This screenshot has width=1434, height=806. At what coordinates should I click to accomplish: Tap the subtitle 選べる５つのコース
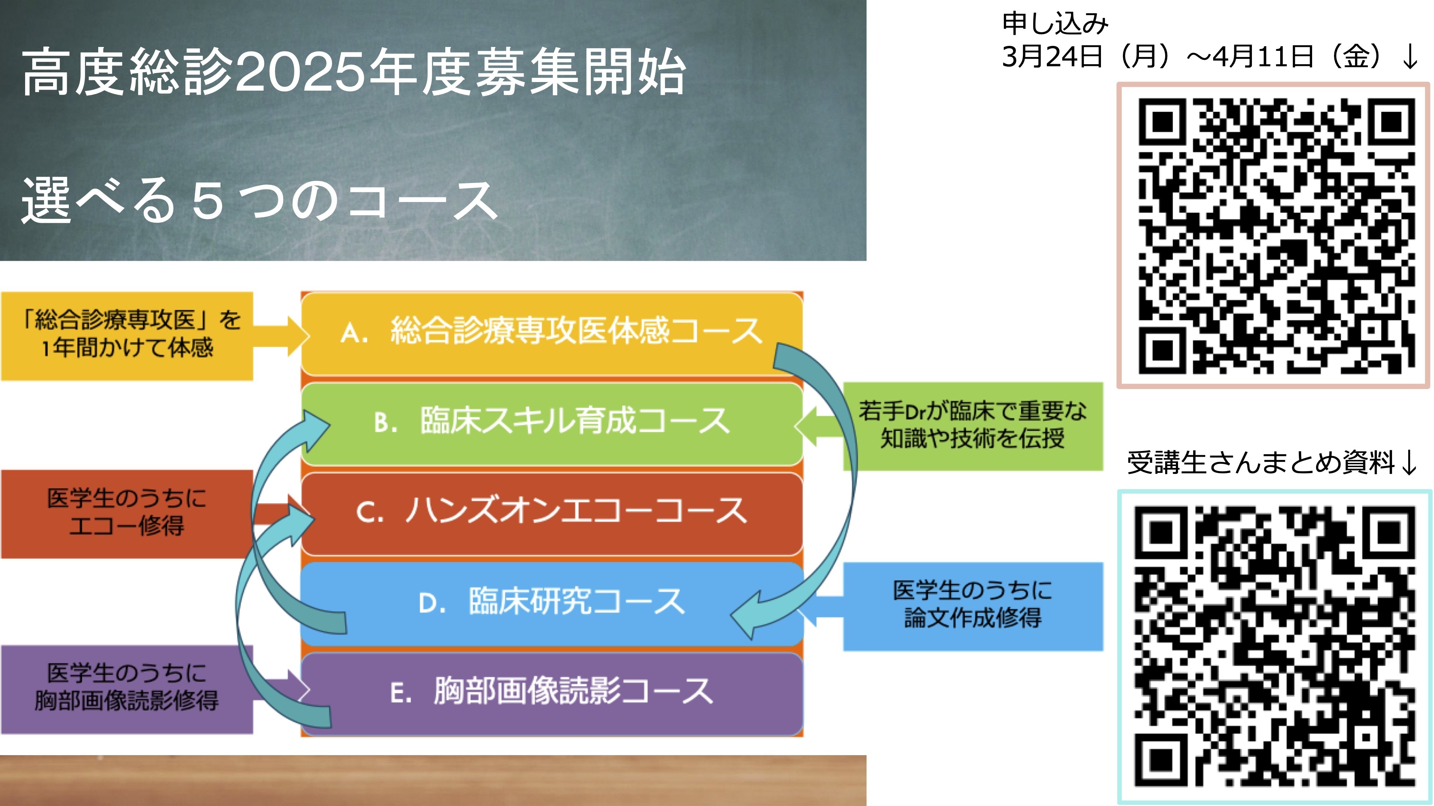pos(259,200)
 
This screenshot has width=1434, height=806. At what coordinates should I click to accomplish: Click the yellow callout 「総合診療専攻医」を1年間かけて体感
pos(127,336)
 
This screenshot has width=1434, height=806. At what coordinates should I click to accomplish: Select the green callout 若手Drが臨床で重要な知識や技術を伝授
pos(973,426)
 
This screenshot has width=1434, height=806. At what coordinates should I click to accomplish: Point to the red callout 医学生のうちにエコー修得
pos(127,514)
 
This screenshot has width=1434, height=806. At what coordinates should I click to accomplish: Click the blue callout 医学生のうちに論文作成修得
pos(973,606)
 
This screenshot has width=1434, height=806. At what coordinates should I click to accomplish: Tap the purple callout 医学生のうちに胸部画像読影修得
pos(127,690)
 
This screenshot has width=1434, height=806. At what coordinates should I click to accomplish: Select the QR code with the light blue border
pos(1275,647)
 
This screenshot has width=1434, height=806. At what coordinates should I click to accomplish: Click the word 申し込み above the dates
pos(1055,23)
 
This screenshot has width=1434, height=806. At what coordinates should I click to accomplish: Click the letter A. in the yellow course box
pos(354,333)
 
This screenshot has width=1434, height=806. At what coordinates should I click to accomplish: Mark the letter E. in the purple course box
pos(401,694)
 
